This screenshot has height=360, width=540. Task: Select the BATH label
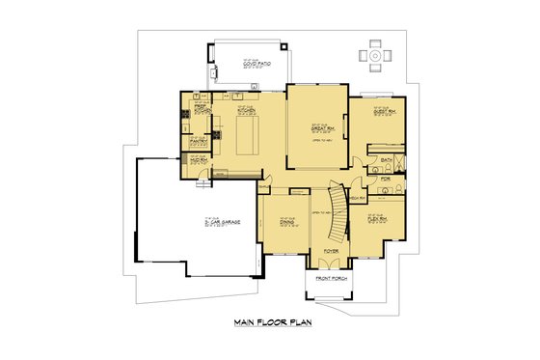tap(386, 159)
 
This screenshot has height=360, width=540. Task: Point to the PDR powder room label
tap(385, 179)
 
